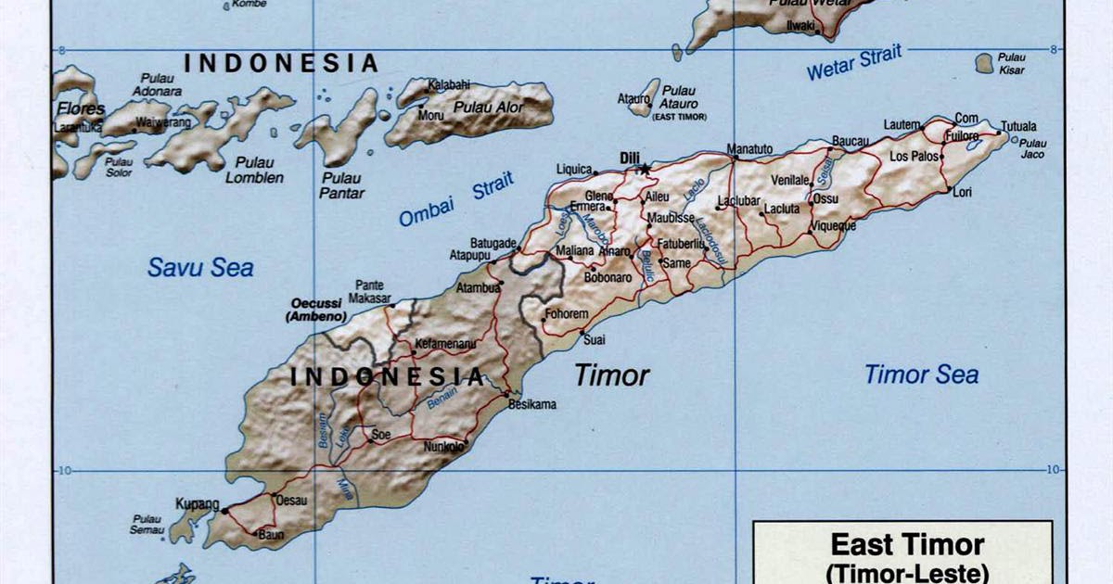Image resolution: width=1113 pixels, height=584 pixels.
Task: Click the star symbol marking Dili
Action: pos(645,170)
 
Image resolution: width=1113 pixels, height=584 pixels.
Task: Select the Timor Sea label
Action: pos(921,375)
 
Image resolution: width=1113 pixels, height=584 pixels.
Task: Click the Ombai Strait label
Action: pos(455,200)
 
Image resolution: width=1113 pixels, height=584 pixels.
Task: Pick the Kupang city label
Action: pos(197,504)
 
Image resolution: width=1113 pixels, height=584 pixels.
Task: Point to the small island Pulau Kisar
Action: pos(984,63)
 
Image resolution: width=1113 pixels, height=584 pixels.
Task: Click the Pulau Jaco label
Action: pos(1032,148)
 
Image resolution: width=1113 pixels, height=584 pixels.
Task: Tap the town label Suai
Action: pos(594,340)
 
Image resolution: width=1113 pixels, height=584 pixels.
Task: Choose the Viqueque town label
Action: pos(832,225)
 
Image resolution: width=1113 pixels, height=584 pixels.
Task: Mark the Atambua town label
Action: pos(478,288)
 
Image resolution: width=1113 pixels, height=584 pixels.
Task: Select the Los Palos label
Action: pos(915,157)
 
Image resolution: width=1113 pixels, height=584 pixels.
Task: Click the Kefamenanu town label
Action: pos(445,344)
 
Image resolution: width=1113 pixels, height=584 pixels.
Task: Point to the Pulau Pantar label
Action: pos(342,185)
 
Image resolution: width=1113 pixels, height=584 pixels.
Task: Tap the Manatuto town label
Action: pos(749,148)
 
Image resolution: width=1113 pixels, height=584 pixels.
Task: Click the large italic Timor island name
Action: pos(611,375)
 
